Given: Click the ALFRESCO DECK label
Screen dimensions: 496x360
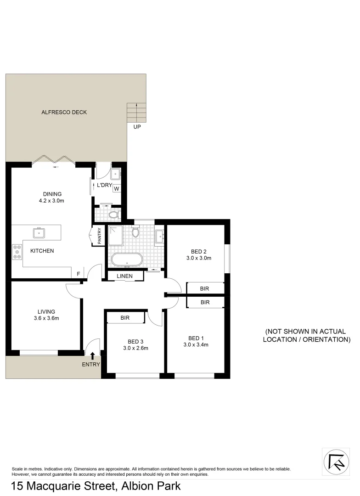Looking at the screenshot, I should point(64,112).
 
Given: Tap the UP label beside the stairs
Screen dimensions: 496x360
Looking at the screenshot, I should point(137,127).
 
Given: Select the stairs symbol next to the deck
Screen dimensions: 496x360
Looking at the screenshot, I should point(137,112).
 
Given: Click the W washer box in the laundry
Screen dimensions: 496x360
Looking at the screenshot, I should point(116,188).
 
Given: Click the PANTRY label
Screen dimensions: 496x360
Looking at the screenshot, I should point(99,236).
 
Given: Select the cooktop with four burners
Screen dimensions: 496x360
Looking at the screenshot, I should point(17,252).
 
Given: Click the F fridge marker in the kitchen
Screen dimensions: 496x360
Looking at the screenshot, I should point(79,274).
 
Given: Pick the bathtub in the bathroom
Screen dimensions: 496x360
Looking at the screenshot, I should point(127,260).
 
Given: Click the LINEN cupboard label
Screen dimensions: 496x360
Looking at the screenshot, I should point(124,276).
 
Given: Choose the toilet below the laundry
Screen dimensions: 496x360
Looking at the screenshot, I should point(113,214).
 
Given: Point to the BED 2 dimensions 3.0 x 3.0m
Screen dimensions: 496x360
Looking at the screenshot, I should point(198,258).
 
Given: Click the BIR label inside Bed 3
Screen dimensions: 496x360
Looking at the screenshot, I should point(125,317).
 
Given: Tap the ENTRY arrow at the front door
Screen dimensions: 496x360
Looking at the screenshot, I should point(93,355).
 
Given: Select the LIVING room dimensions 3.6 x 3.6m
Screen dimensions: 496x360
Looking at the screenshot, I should point(46,318).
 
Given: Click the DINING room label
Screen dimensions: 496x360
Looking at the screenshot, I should point(51,194).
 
